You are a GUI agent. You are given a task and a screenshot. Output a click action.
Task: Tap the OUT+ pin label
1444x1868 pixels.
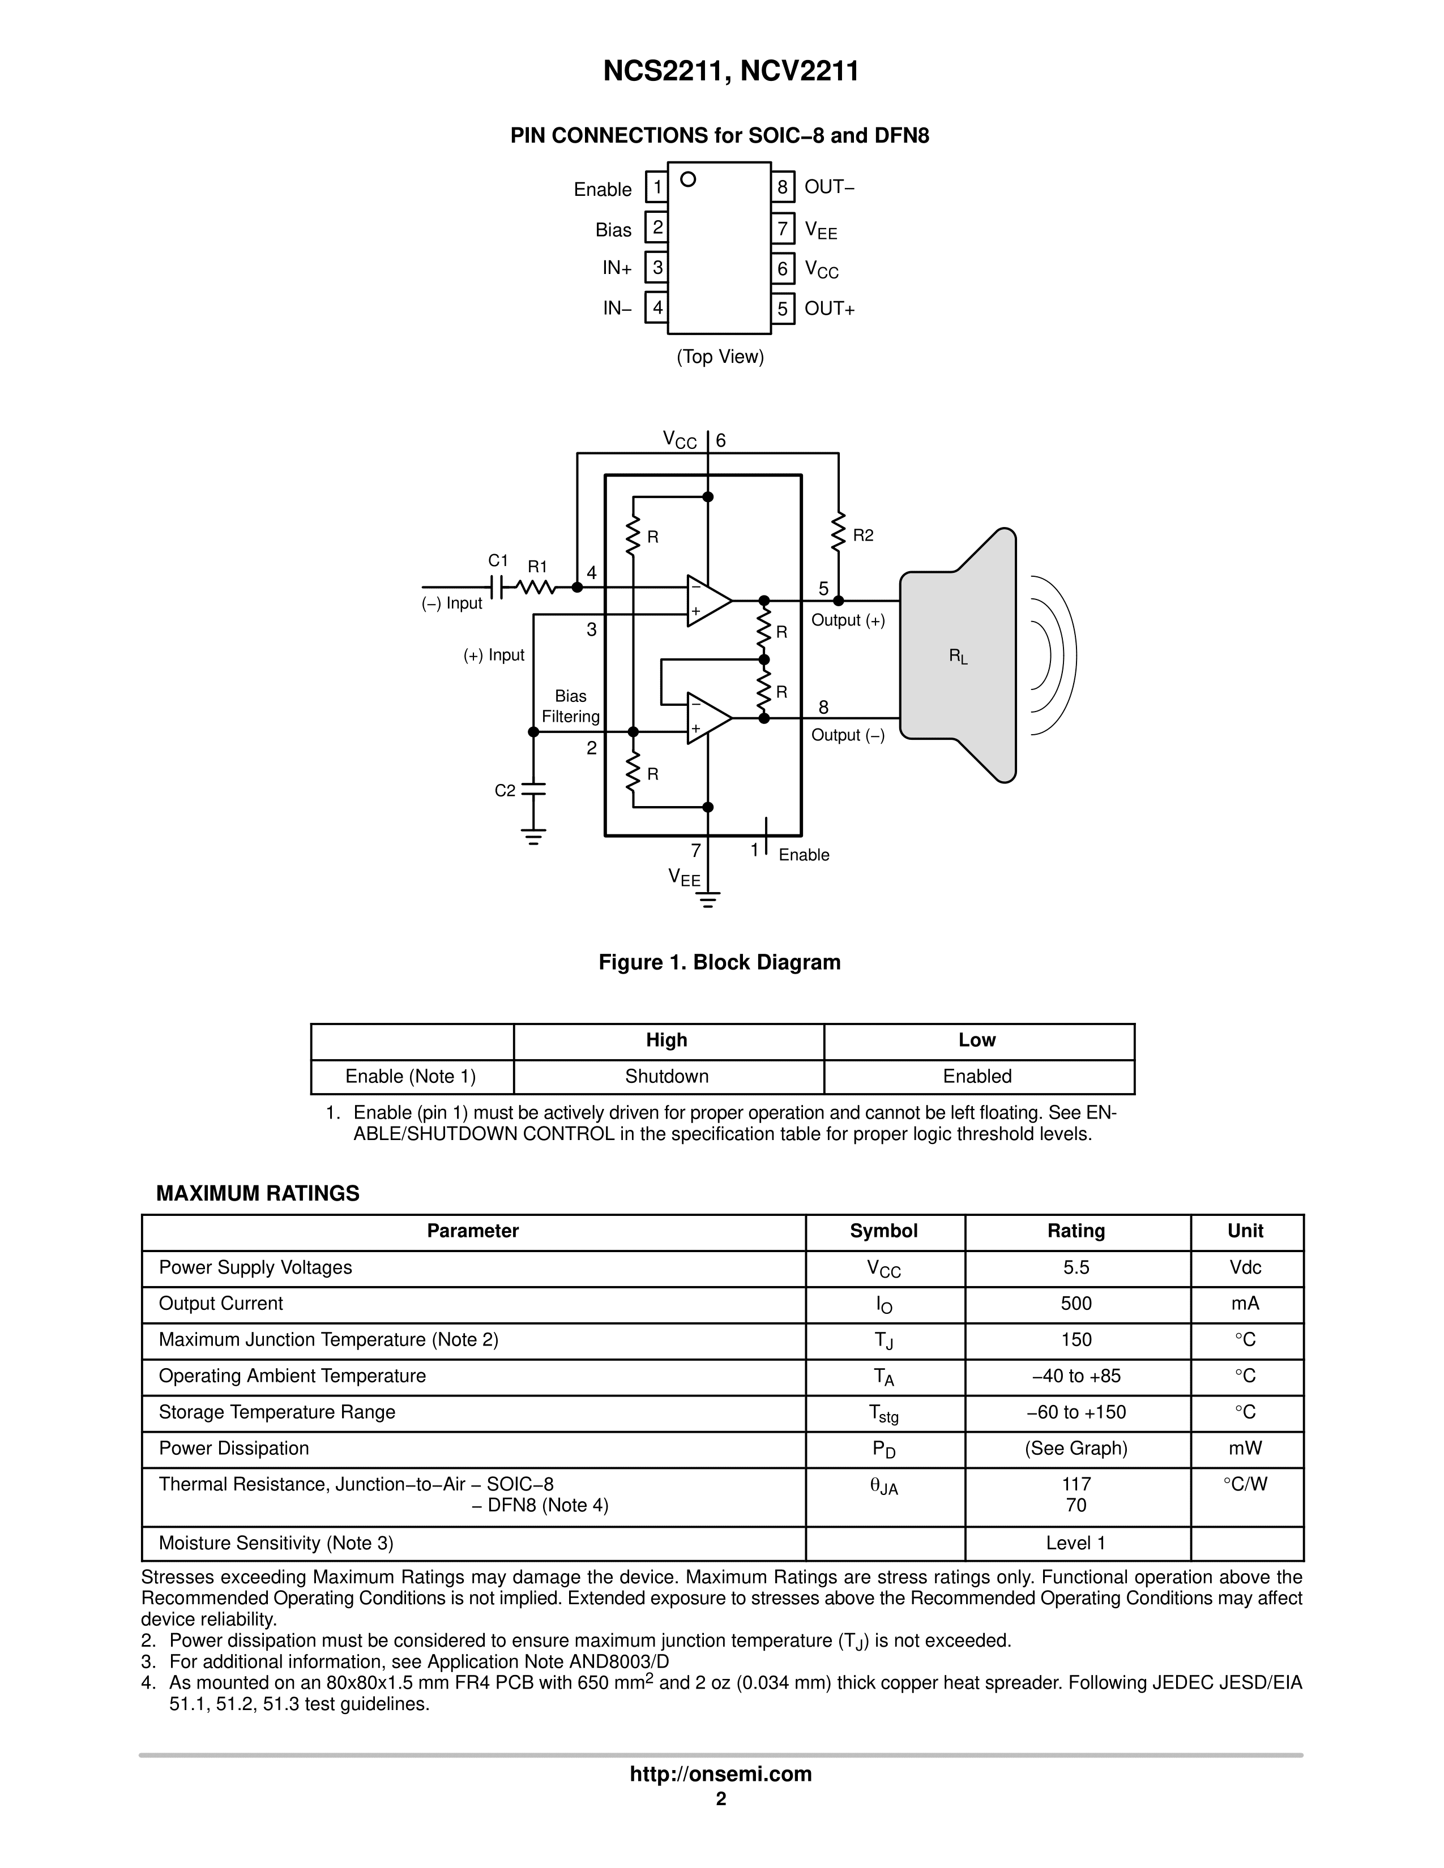click(x=830, y=309)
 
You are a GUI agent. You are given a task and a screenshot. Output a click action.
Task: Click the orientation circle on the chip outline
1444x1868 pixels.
click(x=688, y=179)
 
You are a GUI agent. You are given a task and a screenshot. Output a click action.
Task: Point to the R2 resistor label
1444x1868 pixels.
click(x=863, y=535)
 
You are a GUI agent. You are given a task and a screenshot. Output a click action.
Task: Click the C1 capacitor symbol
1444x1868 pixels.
click(x=497, y=588)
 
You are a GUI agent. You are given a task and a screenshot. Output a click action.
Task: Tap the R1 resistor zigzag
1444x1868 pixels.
click(x=536, y=588)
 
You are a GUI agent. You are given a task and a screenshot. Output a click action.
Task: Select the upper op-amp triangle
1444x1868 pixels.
click(x=707, y=601)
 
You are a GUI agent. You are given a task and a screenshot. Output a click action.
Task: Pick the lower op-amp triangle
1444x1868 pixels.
click(x=707, y=718)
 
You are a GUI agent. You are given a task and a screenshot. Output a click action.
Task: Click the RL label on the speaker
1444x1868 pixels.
click(x=958, y=657)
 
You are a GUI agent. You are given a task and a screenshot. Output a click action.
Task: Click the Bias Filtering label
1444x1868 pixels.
click(x=571, y=706)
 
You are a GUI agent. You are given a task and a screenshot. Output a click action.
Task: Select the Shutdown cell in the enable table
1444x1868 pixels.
click(x=667, y=1077)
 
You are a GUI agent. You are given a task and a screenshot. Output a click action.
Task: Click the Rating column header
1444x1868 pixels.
click(x=1076, y=1231)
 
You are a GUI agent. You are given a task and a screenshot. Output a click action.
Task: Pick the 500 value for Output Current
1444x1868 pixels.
click(x=1076, y=1304)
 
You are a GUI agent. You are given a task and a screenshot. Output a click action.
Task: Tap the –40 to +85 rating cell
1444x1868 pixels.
click(x=1076, y=1376)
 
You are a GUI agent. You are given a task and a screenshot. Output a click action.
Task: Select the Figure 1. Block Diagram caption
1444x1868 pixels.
click(x=719, y=962)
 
